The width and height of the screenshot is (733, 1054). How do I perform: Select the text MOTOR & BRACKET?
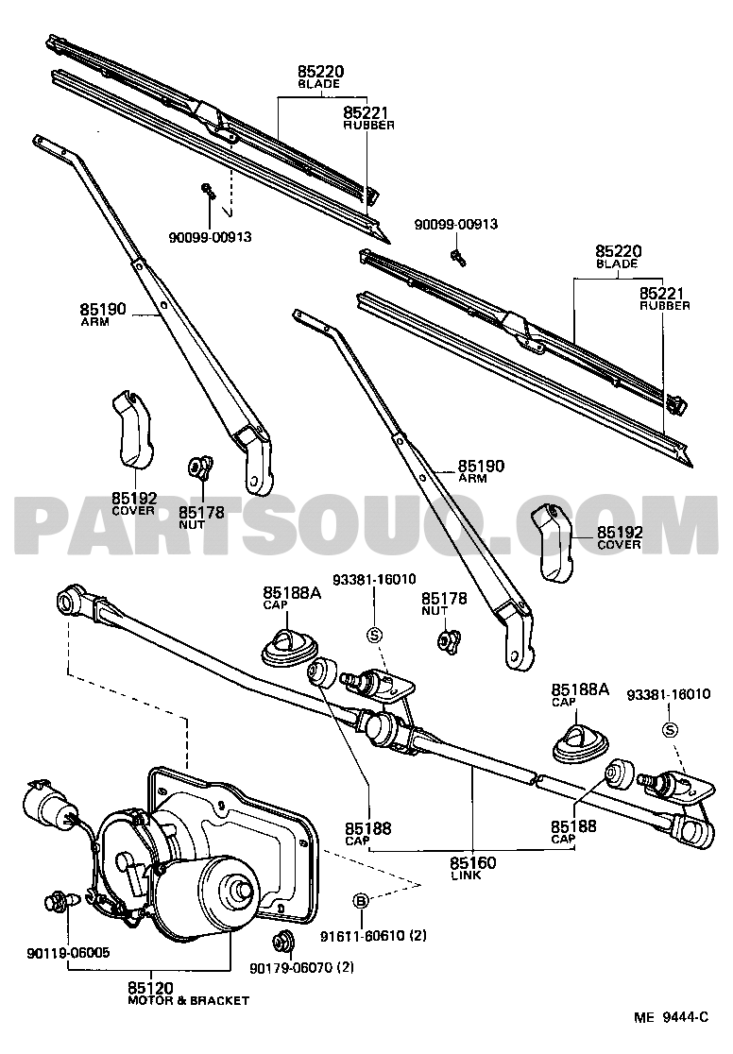click(188, 1000)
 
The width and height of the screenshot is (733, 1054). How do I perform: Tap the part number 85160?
click(472, 862)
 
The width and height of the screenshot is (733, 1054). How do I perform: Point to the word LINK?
click(472, 876)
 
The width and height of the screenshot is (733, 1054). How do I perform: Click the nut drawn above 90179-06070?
click(281, 941)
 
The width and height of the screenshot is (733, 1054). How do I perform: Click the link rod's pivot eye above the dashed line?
click(68, 601)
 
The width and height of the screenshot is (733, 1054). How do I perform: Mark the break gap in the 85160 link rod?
click(534, 778)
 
